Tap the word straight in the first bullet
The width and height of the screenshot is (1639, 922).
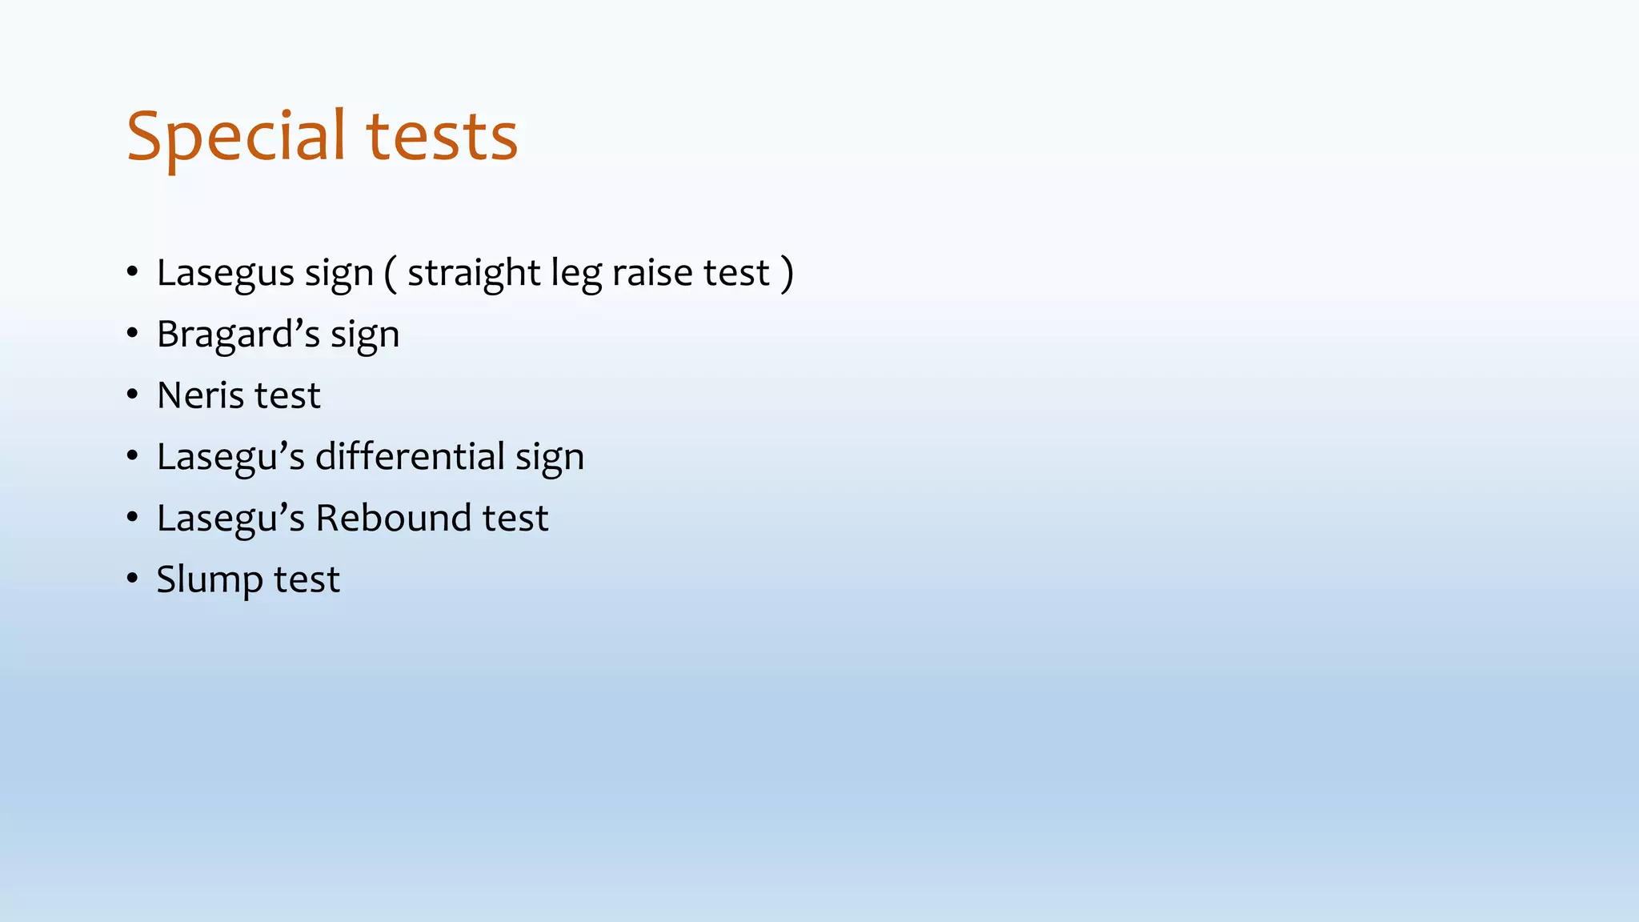(x=474, y=274)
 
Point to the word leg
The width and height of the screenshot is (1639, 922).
(x=576, y=274)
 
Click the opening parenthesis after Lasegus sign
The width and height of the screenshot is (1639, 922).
(x=390, y=274)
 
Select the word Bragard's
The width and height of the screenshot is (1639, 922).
(x=238, y=335)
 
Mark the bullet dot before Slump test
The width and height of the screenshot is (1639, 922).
(x=132, y=579)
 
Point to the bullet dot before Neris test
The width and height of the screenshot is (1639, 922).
(x=132, y=395)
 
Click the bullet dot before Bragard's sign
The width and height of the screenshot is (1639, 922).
(x=132, y=333)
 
